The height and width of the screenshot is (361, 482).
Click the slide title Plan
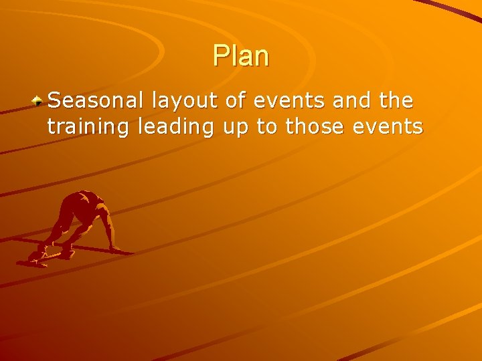(241, 56)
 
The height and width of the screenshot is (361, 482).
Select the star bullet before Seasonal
(39, 101)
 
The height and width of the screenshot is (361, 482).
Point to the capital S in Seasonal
(54, 102)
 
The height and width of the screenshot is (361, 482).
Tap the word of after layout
(226, 102)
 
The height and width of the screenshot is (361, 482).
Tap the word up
(235, 127)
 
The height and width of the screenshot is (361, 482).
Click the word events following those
(392, 126)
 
